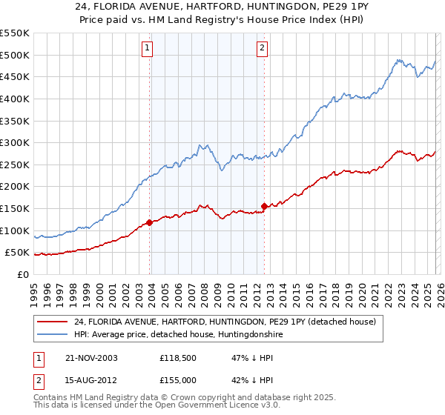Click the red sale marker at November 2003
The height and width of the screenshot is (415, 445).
pyautogui.click(x=150, y=222)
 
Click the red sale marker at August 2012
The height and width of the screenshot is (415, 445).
pyautogui.click(x=264, y=206)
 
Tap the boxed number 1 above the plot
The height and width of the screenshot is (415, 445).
pyautogui.click(x=147, y=48)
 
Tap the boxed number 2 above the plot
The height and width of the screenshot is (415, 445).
pyautogui.click(x=262, y=48)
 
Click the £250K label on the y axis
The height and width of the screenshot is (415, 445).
pyautogui.click(x=15, y=165)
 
